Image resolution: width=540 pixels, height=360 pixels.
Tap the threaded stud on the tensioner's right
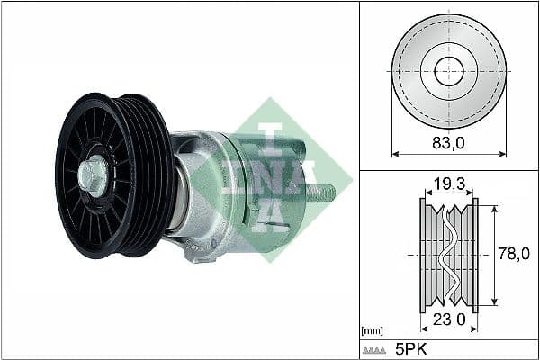(x=324, y=192)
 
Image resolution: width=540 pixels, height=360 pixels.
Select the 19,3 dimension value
(x=448, y=184)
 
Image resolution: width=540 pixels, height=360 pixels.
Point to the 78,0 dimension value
(x=513, y=255)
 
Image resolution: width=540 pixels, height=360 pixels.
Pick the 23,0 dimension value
(x=448, y=319)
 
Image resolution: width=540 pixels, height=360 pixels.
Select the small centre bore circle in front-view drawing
(x=448, y=71)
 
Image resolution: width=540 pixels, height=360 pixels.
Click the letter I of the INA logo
(x=271, y=134)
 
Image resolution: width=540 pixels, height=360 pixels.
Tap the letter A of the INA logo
(x=270, y=212)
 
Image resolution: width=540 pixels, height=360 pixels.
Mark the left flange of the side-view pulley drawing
(x=422, y=255)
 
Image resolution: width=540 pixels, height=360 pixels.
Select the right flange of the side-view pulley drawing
(x=475, y=255)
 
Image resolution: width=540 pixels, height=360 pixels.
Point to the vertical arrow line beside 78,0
(x=493, y=255)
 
